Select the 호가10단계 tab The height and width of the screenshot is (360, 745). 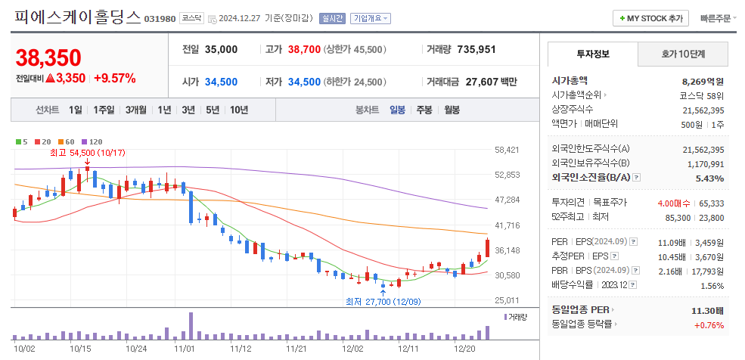[x=683, y=54]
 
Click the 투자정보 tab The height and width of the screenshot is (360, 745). [x=592, y=54]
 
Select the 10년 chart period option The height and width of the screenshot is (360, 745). [x=239, y=110]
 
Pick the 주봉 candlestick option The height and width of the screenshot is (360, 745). [x=424, y=110]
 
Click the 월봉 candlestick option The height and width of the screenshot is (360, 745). [x=452, y=110]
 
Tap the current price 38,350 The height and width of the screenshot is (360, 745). [x=48, y=57]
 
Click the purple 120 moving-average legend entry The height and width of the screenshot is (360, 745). [x=92, y=141]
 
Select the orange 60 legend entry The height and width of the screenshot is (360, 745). [x=67, y=141]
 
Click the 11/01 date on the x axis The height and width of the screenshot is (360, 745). [x=185, y=349]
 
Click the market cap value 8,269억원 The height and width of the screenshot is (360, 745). [x=703, y=80]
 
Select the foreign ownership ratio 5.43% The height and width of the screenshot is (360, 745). [x=709, y=178]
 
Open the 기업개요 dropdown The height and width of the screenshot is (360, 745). [x=371, y=18]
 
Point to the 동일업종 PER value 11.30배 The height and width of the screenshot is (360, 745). [x=708, y=310]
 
